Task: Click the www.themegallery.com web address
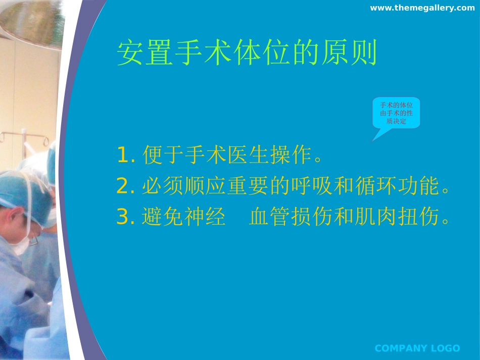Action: click(x=422, y=8)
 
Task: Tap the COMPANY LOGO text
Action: click(x=417, y=348)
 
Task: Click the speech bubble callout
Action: click(x=396, y=113)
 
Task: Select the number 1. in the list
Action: click(x=125, y=155)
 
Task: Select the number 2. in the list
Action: click(x=125, y=186)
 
